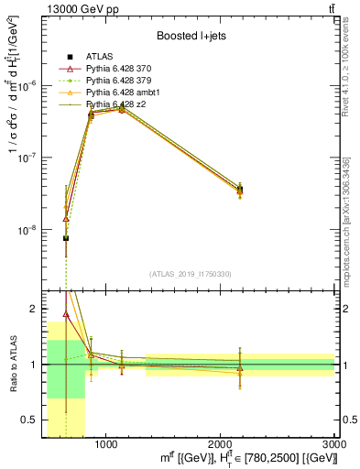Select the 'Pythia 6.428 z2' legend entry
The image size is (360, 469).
click(x=117, y=104)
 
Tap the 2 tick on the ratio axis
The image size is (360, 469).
click(x=33, y=310)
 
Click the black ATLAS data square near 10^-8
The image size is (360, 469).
click(x=66, y=238)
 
